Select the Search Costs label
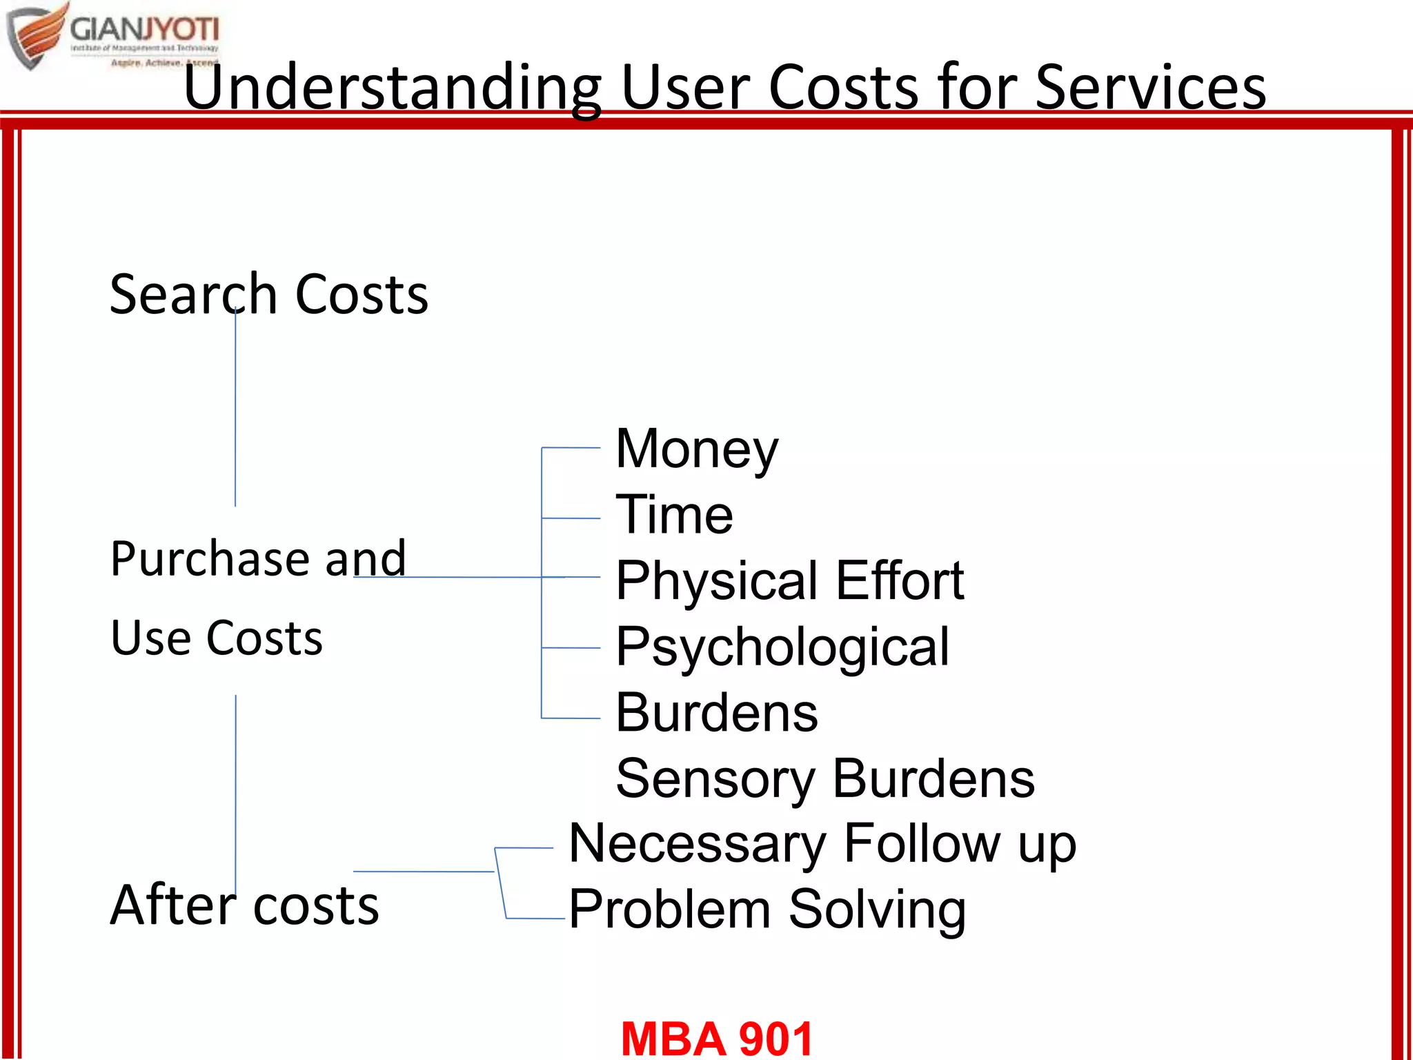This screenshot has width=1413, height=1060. [268, 295]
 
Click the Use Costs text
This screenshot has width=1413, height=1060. [217, 638]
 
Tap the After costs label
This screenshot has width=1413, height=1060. [244, 905]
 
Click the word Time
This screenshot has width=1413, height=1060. [674, 515]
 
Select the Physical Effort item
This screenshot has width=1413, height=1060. [789, 581]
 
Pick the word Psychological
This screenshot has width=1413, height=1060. [782, 647]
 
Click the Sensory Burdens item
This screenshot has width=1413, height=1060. [825, 779]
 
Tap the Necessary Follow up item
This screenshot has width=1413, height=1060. [822, 844]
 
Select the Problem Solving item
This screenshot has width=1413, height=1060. [767, 910]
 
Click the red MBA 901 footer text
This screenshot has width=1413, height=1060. [717, 1039]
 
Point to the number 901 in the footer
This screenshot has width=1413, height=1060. [775, 1039]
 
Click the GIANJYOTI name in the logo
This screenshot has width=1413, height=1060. [144, 30]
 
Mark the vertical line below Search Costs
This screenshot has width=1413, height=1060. [235, 414]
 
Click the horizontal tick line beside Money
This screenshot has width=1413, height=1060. [571, 448]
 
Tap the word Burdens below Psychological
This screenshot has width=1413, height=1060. [716, 713]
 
